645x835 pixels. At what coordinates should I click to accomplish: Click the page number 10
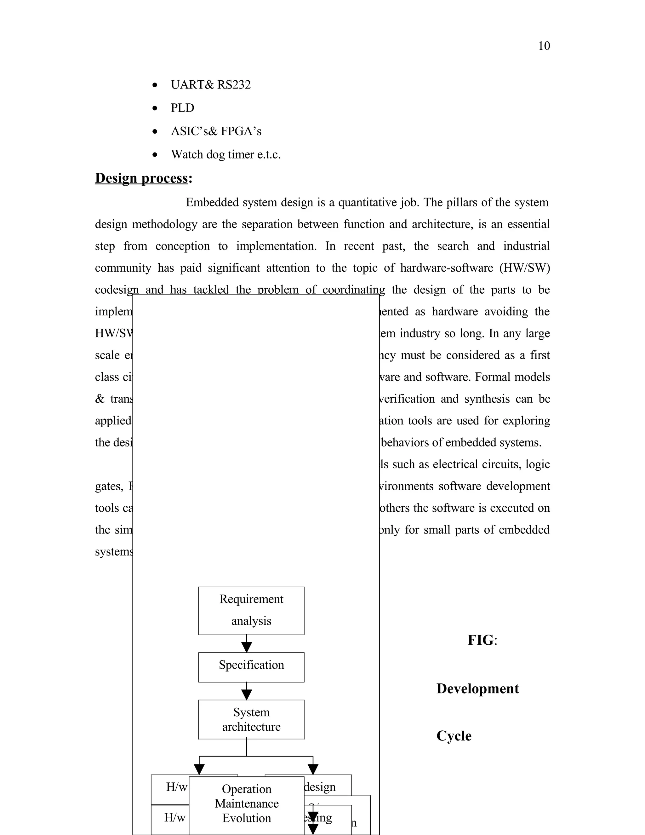[544, 46]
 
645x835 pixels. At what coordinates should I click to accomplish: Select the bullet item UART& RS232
[211, 84]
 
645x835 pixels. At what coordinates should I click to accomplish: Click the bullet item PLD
[182, 108]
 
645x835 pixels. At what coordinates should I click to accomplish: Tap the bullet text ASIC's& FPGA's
[216, 131]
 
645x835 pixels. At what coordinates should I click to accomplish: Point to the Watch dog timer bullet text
[225, 154]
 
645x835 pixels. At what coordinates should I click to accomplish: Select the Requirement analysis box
[251, 611]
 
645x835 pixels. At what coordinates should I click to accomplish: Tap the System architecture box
[251, 719]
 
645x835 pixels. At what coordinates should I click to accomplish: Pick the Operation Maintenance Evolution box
[247, 803]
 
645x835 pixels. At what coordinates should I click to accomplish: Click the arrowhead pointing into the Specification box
[247, 647]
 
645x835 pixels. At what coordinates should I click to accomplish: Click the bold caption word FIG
[481, 640]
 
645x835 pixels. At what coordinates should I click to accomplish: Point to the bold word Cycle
[454, 736]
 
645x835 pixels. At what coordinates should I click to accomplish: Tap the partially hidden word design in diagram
[320, 787]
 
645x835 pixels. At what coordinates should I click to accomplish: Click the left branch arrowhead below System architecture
[199, 769]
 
